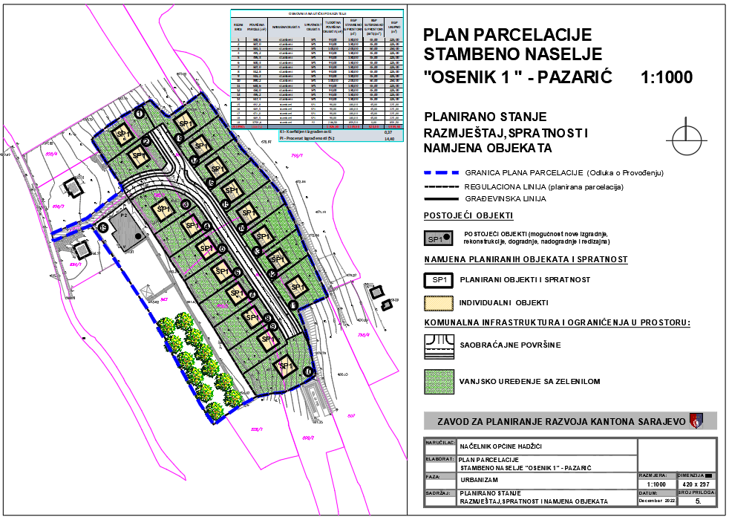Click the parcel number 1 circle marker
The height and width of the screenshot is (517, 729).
point(139,114)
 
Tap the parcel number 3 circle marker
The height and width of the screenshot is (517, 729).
point(185,204)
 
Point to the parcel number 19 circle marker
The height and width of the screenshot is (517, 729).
point(104,228)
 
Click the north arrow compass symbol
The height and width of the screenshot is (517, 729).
point(684,137)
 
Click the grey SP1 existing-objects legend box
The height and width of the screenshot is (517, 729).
point(438,238)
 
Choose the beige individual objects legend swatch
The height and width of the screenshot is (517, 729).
point(438,303)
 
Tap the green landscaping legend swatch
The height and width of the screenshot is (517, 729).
point(438,381)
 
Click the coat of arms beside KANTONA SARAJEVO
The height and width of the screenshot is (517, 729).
point(696,421)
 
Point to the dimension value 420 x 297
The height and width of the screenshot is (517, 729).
point(696,484)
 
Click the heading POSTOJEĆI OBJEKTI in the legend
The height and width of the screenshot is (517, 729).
point(468,216)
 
